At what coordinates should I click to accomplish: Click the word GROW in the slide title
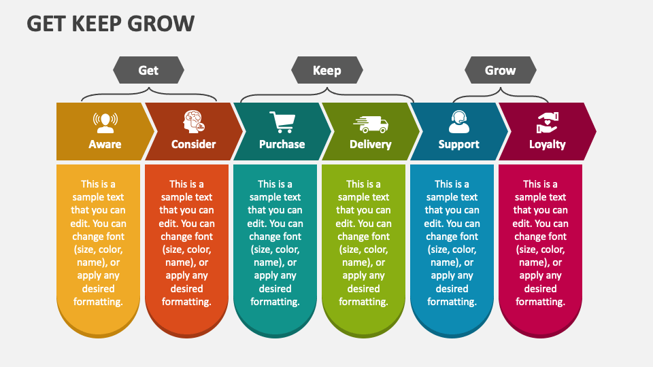tap(161, 24)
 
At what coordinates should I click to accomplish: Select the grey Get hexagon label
tap(149, 70)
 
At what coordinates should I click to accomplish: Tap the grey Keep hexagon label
tap(327, 70)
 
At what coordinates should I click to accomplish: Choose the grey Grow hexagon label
tap(500, 70)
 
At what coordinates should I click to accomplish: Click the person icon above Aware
tap(105, 123)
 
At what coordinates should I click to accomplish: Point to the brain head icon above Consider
tap(194, 122)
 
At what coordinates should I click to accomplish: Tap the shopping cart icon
tap(282, 122)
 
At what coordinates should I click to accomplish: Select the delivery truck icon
tap(371, 124)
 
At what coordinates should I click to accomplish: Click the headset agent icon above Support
tap(459, 122)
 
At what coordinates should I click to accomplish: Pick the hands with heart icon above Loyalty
tap(547, 123)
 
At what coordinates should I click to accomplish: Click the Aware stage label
tap(105, 144)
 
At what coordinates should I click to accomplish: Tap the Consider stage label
tap(194, 144)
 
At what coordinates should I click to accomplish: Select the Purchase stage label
tap(282, 144)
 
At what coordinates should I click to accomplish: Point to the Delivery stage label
tap(371, 144)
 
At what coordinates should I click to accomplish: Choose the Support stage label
tap(459, 144)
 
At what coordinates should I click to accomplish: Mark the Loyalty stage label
tap(547, 144)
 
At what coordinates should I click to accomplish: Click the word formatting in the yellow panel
tap(98, 302)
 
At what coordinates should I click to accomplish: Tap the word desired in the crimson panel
tap(541, 288)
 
